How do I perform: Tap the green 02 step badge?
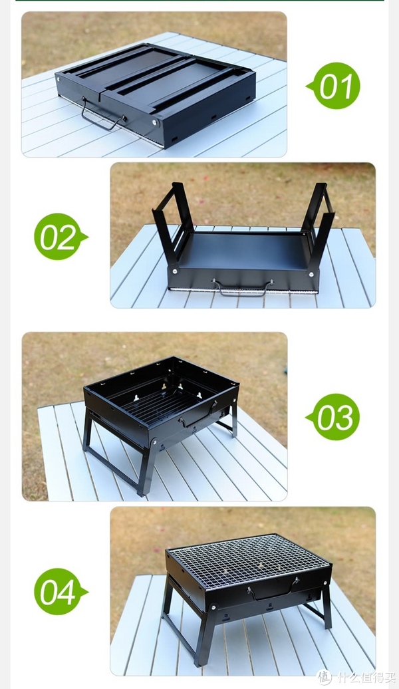click(x=61, y=236)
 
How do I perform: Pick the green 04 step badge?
click(x=61, y=591)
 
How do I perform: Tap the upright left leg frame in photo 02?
click(x=173, y=219)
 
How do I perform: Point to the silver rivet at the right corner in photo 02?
click(x=312, y=274)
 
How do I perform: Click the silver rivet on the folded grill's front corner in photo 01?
click(x=154, y=122)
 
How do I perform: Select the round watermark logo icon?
click(x=325, y=677)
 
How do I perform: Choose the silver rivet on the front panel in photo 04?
click(x=213, y=607)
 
